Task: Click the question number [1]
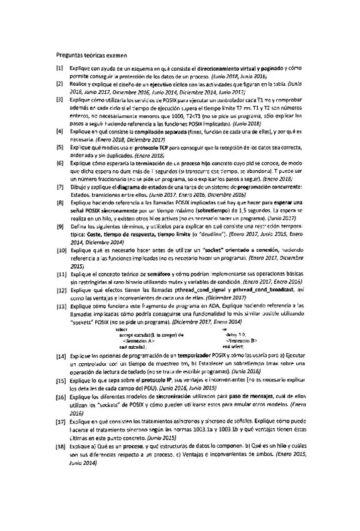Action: point(59,67)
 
